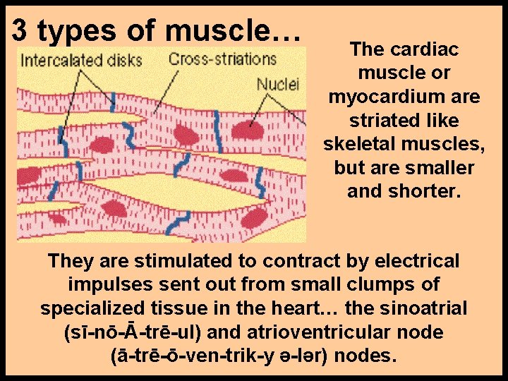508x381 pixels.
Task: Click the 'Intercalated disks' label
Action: pyautogui.click(x=81, y=59)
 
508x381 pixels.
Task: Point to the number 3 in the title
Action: pyautogui.click(x=20, y=30)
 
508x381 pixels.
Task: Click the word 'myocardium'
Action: pyautogui.click(x=404, y=97)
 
